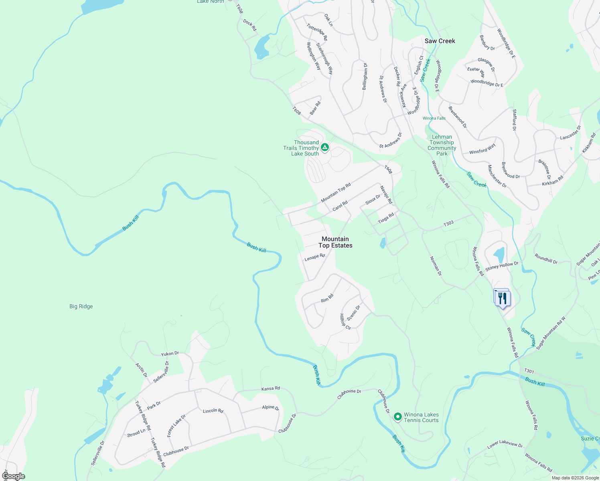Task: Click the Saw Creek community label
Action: [x=440, y=41]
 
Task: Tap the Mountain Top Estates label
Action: [x=335, y=242]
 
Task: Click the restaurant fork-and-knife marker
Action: [x=502, y=298]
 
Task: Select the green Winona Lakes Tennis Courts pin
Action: [x=397, y=417]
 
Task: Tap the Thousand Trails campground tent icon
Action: [x=325, y=148]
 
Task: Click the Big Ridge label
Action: [x=81, y=306]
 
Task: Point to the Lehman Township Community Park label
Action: [x=442, y=145]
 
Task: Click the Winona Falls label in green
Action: [x=434, y=118]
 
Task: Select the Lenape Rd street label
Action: [x=314, y=257]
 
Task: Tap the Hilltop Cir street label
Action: [x=345, y=322]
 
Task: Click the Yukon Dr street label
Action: [x=170, y=354]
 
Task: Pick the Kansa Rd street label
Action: [x=270, y=388]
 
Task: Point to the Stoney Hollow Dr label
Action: [x=502, y=266]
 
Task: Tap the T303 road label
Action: [x=448, y=223]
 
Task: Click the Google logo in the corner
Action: [x=13, y=476]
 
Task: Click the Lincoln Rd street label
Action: [x=213, y=411]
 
